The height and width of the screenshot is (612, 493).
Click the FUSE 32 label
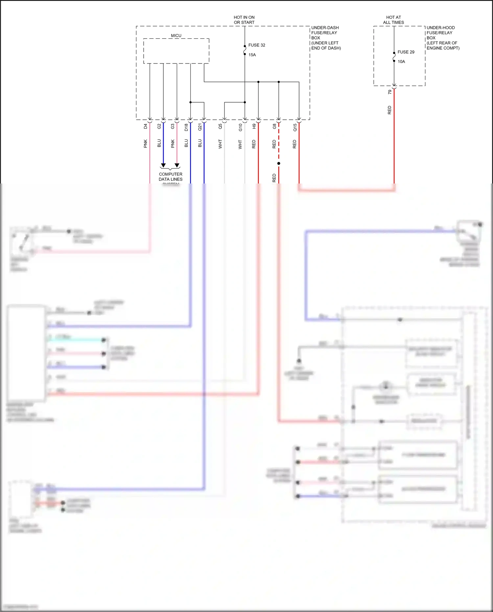point(256,45)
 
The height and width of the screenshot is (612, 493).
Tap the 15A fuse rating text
point(252,55)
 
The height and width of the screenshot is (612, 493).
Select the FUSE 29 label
point(406,52)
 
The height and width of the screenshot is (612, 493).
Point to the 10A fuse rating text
point(401,61)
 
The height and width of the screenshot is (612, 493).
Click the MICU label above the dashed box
point(176,36)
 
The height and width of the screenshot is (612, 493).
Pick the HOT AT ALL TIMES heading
point(393,20)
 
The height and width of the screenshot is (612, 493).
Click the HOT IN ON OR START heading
point(244,20)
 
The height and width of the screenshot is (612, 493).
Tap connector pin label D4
point(146,126)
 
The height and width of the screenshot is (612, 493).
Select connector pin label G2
point(159,126)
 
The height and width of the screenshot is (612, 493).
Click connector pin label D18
point(186,127)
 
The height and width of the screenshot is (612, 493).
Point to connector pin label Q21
point(200,127)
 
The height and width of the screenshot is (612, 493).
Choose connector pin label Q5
point(220,126)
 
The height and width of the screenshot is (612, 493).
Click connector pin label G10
point(240,127)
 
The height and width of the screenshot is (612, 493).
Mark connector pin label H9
point(254,126)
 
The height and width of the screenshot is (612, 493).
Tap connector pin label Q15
point(295,127)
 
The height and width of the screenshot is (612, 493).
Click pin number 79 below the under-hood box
point(390,92)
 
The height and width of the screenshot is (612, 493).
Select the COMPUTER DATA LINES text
point(171,177)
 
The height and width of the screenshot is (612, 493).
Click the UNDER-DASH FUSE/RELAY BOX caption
point(326,38)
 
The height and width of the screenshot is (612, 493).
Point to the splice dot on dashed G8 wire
point(279,163)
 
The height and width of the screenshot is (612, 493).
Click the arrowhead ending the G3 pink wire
point(177,165)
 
